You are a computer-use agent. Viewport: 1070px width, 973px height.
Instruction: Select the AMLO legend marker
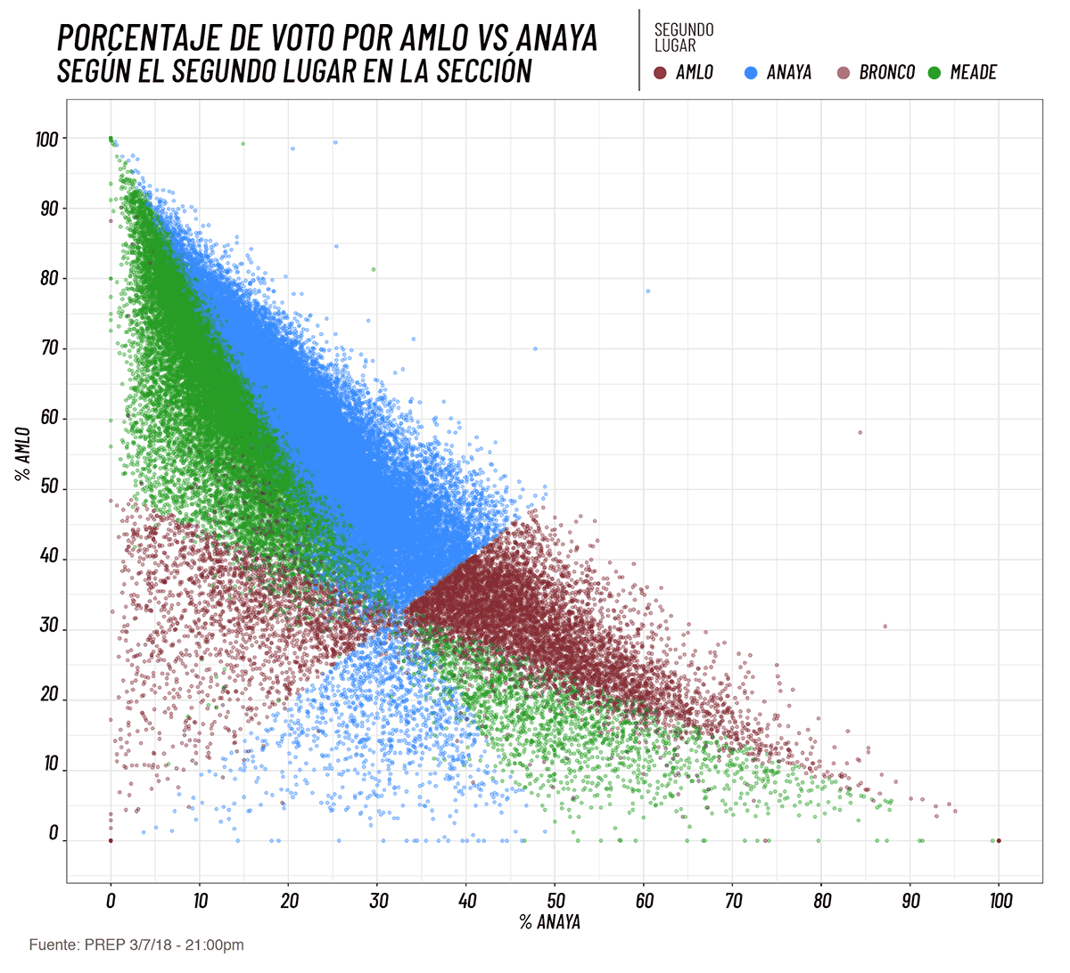[661, 72]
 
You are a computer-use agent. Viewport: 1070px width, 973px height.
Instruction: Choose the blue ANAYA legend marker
[751, 72]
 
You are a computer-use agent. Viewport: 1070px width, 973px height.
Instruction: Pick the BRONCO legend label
[886, 72]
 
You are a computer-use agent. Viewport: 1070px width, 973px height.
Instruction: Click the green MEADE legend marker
[934, 72]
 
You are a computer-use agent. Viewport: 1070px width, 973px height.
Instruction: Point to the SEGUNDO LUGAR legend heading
[683, 37]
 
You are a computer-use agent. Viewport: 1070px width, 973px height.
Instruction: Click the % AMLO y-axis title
[23, 454]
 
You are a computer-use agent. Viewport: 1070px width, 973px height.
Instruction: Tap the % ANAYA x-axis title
[550, 922]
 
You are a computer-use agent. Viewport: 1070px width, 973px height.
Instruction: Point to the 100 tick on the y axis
[46, 139]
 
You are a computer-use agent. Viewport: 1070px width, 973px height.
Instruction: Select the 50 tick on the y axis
[49, 489]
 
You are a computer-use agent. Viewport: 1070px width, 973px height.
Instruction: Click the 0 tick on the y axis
[53, 834]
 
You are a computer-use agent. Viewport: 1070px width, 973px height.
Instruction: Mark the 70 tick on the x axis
[733, 901]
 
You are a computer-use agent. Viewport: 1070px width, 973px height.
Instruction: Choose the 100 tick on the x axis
[1000, 901]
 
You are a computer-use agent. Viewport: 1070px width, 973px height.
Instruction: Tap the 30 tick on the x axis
[378, 901]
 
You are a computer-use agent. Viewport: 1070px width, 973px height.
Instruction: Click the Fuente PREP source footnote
[136, 944]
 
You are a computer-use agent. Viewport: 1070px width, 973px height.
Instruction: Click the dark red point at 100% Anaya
[999, 840]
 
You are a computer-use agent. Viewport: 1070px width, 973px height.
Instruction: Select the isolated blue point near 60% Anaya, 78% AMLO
[648, 291]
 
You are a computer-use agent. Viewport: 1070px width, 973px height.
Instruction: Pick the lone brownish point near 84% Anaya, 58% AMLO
[860, 433]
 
